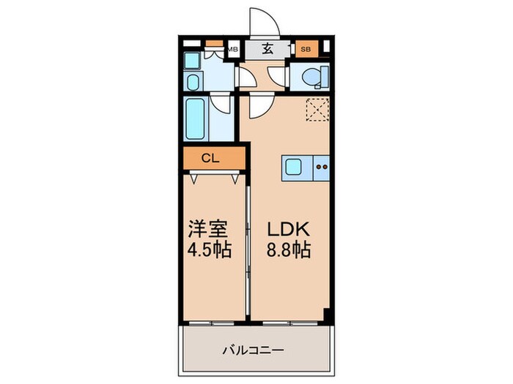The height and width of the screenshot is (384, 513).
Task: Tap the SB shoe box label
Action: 305,50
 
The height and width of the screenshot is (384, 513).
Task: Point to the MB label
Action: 233,50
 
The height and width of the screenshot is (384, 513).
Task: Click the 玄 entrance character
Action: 267,50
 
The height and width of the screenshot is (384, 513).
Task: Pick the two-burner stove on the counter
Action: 320,167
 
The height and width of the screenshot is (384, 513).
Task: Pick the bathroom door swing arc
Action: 222,104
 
